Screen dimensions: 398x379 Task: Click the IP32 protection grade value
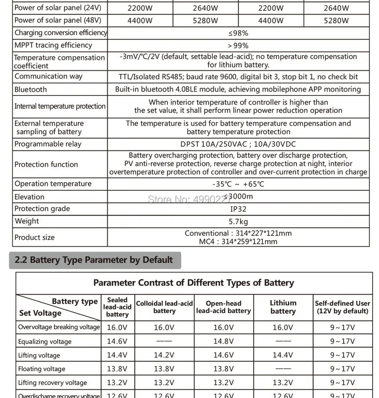click(x=238, y=209)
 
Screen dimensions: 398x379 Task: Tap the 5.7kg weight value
click(x=238, y=222)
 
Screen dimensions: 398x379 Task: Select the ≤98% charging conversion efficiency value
click(x=238, y=33)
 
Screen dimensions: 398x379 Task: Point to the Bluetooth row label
click(x=31, y=89)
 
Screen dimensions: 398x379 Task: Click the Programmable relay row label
click(x=48, y=144)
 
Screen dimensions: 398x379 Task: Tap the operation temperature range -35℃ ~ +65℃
click(x=238, y=184)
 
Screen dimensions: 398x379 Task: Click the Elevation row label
click(x=30, y=197)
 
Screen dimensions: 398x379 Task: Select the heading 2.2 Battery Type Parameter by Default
click(x=94, y=260)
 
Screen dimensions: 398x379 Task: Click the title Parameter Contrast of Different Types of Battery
click(x=194, y=283)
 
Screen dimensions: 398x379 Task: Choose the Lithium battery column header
click(x=283, y=307)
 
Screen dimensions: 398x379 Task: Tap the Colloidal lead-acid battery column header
click(x=164, y=307)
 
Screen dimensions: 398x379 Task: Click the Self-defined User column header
click(x=342, y=307)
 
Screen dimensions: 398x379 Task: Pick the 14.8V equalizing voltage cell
click(x=223, y=341)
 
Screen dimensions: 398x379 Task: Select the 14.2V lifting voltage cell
click(x=164, y=355)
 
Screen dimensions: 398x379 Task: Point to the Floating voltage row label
click(x=42, y=369)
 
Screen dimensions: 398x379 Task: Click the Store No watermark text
click(x=189, y=199)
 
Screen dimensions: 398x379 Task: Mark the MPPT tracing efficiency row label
click(x=53, y=46)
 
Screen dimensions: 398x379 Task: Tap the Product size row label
click(x=34, y=238)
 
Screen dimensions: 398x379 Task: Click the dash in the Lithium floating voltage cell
click(x=283, y=369)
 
